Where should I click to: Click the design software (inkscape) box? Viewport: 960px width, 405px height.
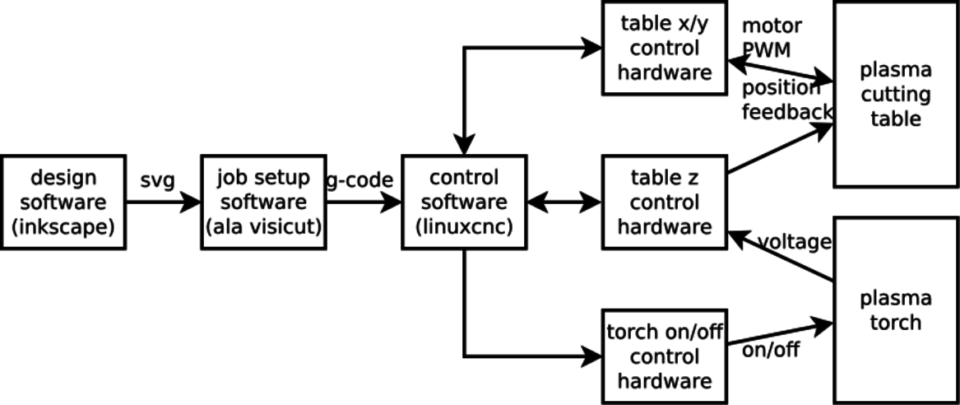(x=63, y=202)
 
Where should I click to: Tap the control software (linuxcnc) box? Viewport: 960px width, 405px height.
(x=464, y=202)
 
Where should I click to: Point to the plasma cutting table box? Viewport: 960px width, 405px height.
(x=895, y=95)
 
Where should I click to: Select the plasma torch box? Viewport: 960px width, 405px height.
(x=895, y=309)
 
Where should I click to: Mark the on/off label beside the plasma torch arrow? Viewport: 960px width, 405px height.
(x=770, y=350)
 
